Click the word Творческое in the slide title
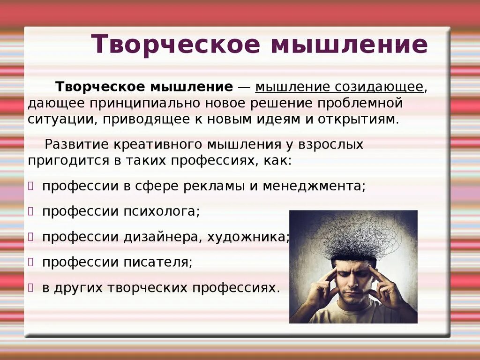tap(176, 45)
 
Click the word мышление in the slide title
tap(349, 45)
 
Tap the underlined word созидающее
tap(379, 87)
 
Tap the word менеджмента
tap(313, 186)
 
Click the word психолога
tap(162, 211)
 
